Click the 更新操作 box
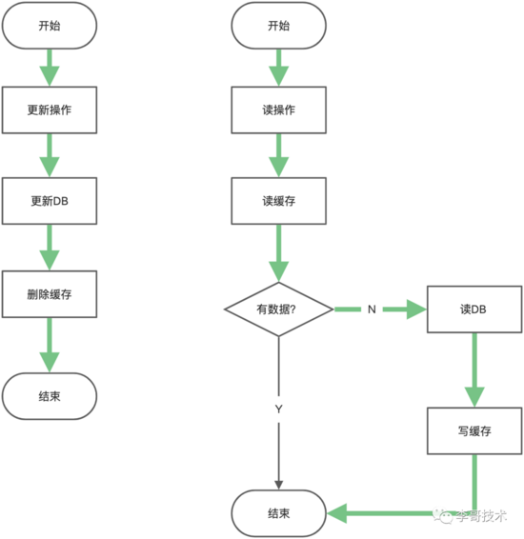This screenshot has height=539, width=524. point(50,110)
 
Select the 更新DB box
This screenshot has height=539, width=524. point(50,201)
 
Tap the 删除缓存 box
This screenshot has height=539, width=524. point(50,294)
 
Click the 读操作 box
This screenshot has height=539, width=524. point(279,110)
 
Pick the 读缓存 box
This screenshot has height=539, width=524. point(279,201)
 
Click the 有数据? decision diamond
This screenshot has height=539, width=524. point(279,309)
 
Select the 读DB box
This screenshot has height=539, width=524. point(474,309)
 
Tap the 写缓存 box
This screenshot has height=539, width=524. point(474,431)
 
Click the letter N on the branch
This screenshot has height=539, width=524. point(372,309)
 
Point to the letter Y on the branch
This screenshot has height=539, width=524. point(279,409)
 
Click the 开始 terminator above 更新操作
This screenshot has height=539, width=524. point(50,26)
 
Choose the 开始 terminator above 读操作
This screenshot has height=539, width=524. point(279,26)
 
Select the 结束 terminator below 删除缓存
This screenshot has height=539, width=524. point(50,396)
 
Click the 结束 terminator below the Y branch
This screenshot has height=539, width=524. point(279,513)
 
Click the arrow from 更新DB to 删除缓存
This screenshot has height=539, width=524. point(50,248)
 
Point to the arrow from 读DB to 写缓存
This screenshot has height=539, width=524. point(474,370)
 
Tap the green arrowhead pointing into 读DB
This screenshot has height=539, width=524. point(416,309)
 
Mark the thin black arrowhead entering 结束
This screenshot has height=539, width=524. point(279,485)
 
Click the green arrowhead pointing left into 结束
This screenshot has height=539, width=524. point(337,513)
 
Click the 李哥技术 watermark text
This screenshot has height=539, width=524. point(481,515)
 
